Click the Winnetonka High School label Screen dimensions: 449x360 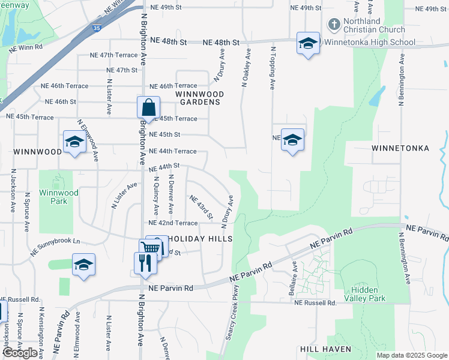click(369, 43)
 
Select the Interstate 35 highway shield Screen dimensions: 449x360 click(97, 28)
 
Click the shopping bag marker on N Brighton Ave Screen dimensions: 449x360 click(148, 109)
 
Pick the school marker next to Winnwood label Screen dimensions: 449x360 click(74, 142)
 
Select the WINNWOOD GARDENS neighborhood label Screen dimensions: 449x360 click(199, 98)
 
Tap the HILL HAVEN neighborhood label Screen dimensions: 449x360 click(325, 349)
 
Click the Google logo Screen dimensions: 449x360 click(20, 353)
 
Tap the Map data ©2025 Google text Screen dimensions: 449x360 click(411, 355)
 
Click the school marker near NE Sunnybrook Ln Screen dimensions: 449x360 click(84, 265)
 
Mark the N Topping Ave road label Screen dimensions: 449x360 click(273, 69)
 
